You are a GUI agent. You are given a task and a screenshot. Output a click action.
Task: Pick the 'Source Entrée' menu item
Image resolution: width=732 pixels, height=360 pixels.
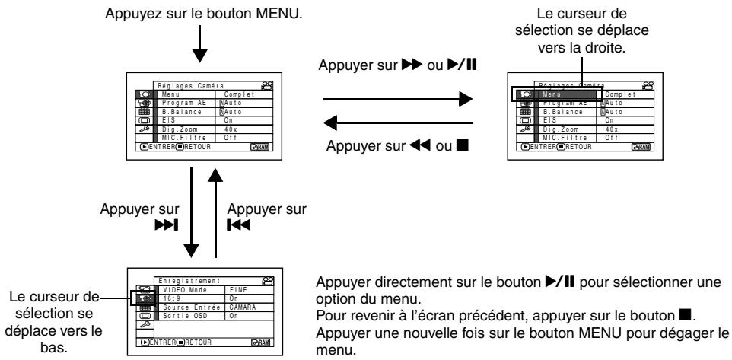(186, 306)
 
